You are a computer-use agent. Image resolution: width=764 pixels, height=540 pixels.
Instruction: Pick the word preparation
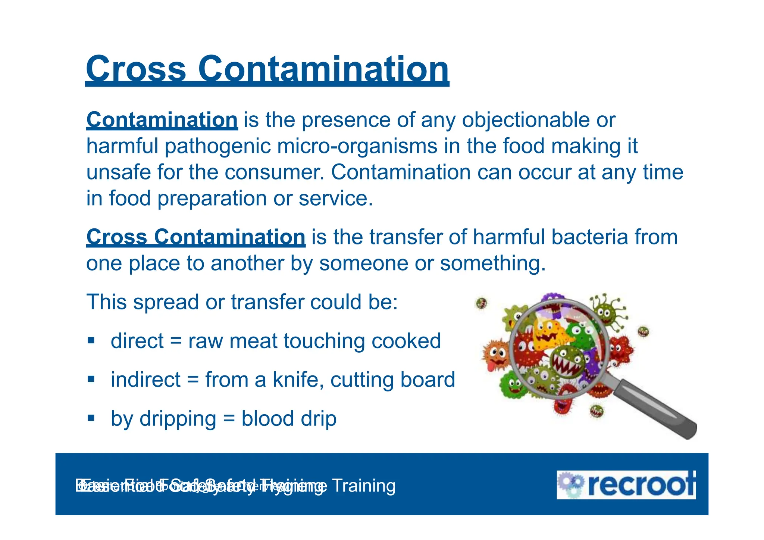point(212,199)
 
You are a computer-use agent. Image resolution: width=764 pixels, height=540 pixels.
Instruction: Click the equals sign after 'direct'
point(176,342)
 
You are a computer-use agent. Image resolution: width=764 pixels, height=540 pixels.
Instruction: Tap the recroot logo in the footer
point(626,485)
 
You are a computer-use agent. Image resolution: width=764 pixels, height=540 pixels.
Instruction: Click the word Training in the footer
point(363,486)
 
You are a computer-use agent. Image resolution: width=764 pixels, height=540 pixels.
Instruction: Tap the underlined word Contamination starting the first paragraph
point(162,120)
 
